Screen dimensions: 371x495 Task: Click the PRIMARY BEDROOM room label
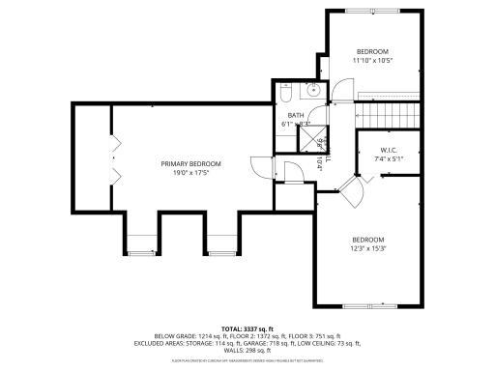click(190, 164)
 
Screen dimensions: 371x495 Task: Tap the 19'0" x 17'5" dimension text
click(190, 175)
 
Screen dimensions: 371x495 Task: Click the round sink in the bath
click(313, 91)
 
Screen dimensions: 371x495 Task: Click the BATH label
click(295, 116)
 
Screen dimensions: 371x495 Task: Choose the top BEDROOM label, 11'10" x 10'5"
click(372, 51)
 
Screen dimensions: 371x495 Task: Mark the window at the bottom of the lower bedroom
click(369, 305)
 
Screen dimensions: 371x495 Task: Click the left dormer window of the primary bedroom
click(141, 253)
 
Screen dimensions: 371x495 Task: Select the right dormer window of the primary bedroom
click(219, 253)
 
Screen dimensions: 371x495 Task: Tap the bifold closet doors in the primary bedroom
click(115, 159)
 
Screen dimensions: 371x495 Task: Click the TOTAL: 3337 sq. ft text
click(247, 328)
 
